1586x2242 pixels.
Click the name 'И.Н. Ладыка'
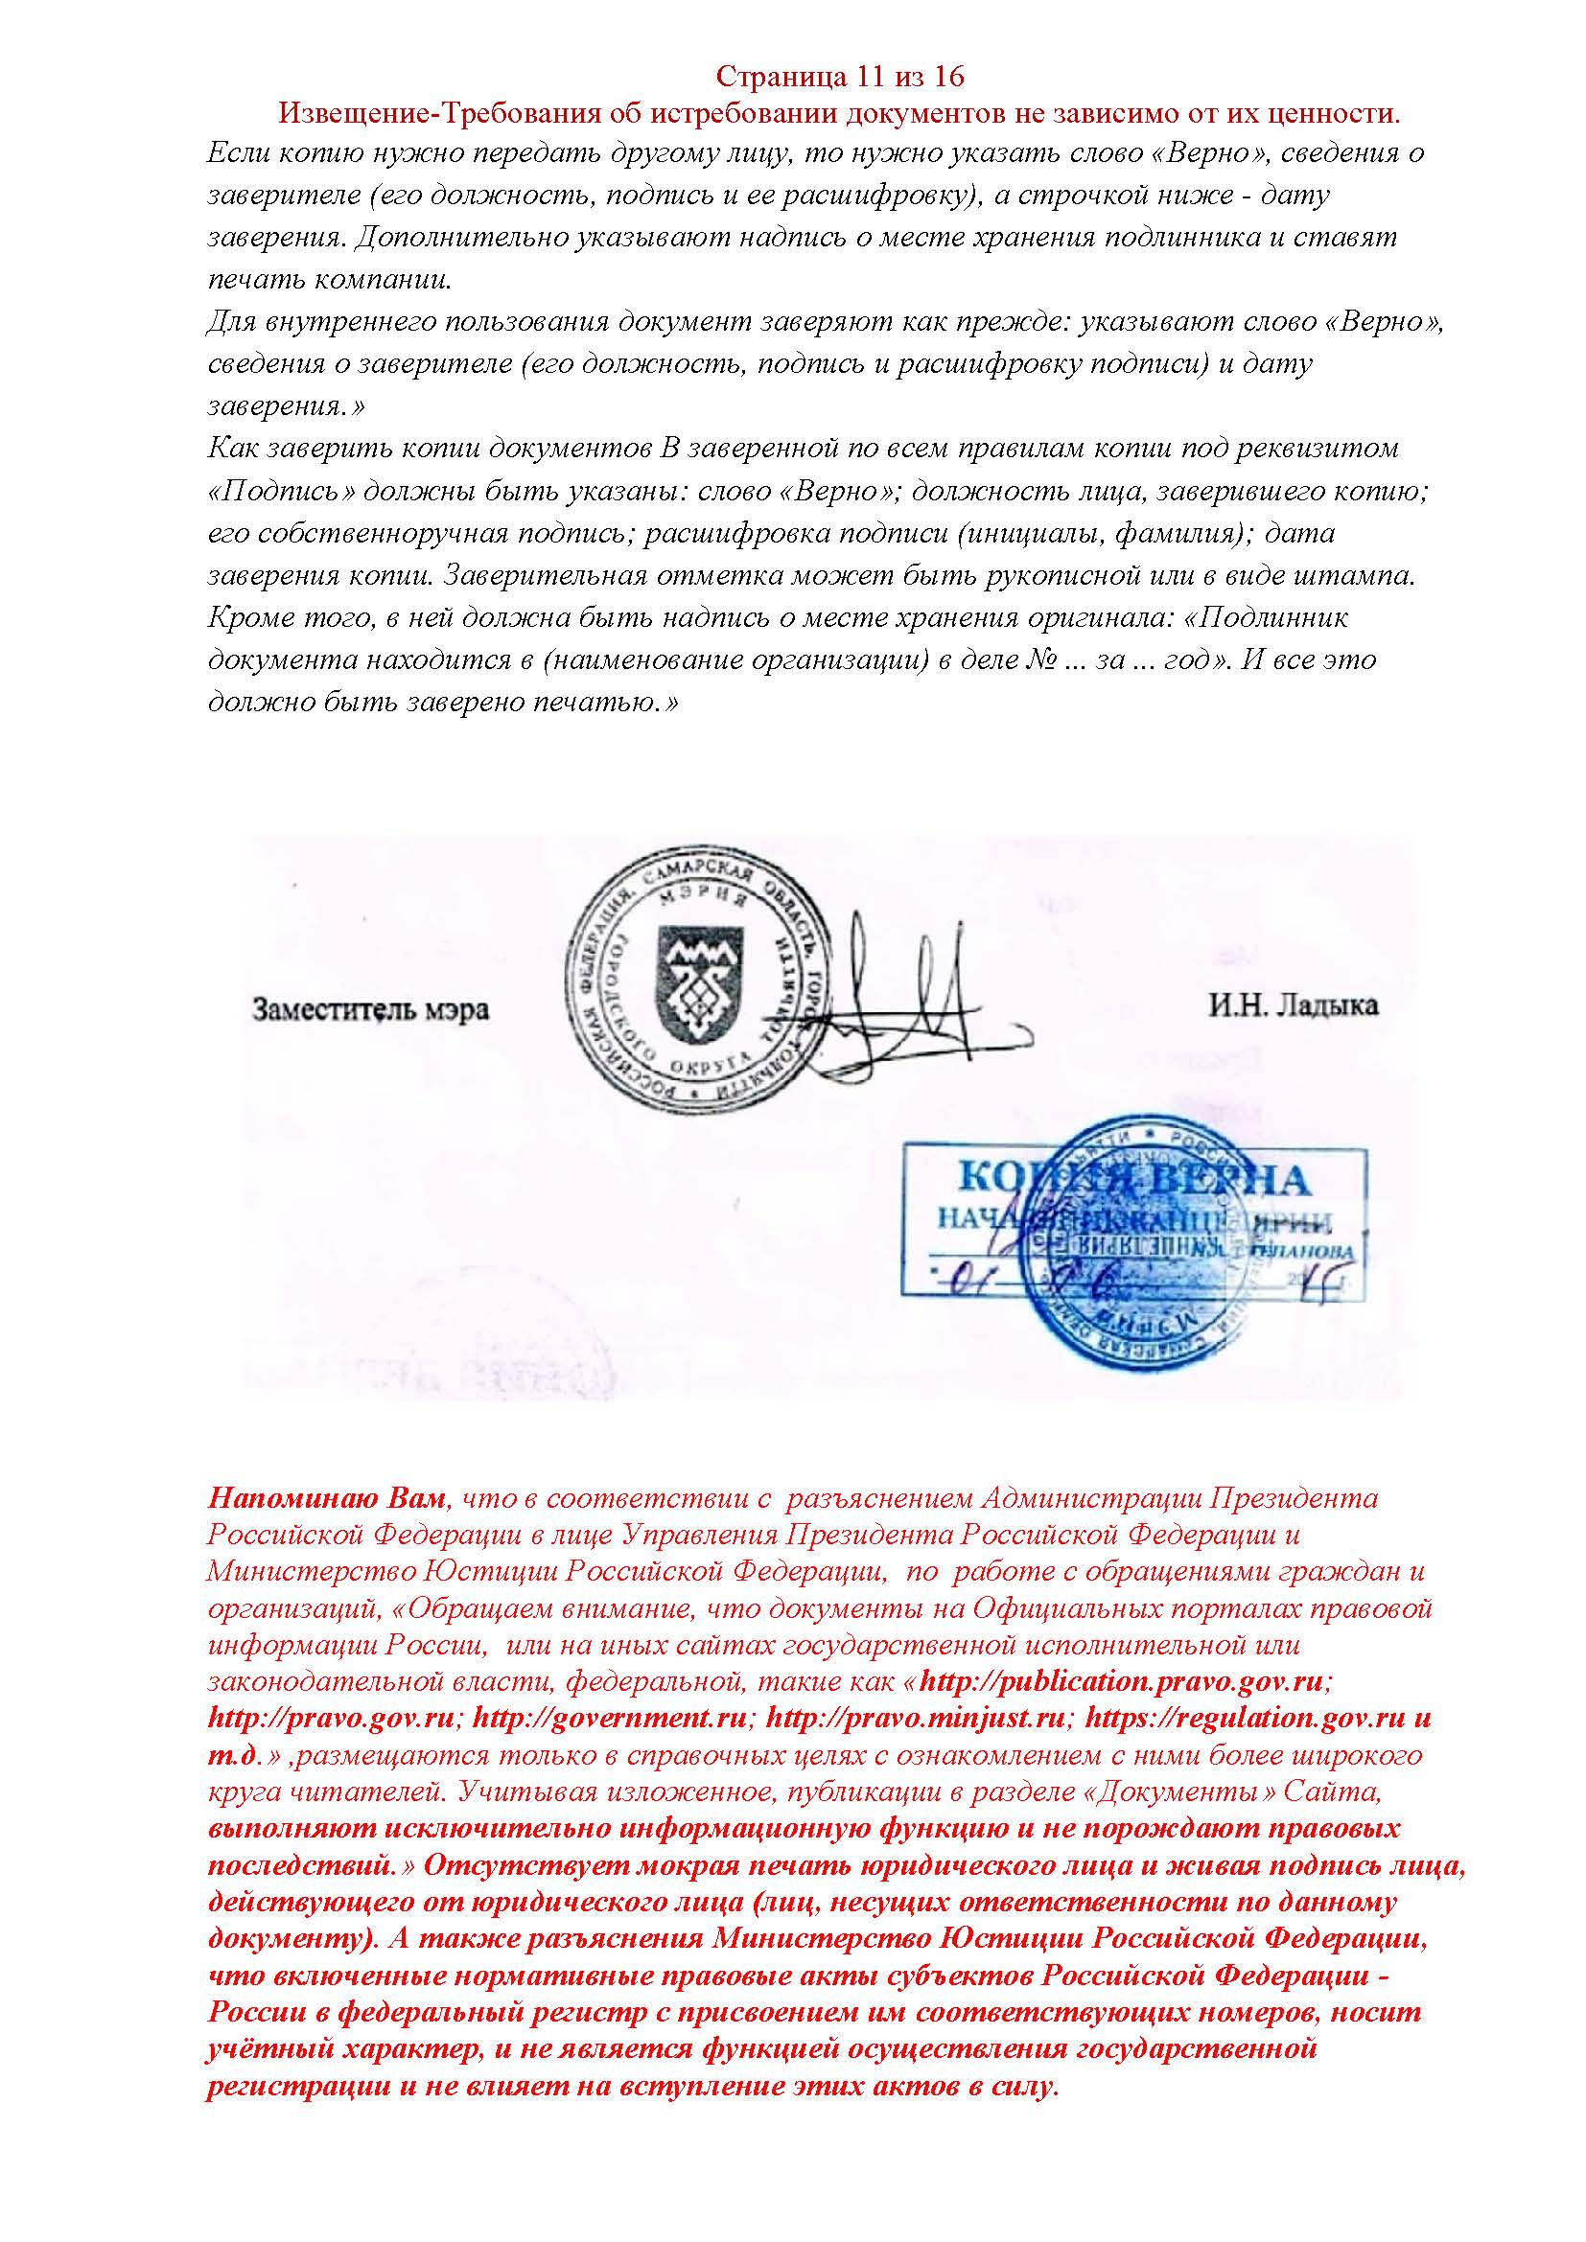1293,1005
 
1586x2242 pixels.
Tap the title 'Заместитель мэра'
371,1008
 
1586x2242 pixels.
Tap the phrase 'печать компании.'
330,279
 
